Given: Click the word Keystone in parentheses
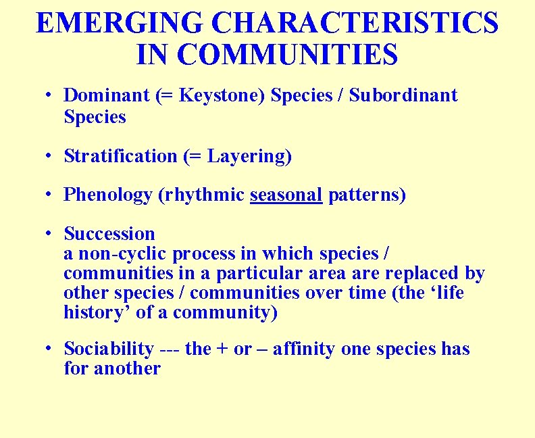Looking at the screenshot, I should point(220,96).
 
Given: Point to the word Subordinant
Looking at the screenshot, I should point(403,96).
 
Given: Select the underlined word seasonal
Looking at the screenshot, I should point(286,195).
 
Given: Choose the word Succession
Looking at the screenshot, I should point(109,234).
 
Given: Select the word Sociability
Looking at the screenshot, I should point(109,349).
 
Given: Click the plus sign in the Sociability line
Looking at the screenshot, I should point(222,349).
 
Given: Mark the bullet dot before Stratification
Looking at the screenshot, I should point(49,155).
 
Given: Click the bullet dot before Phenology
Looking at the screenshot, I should point(49,195).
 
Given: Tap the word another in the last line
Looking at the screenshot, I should point(127,368).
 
